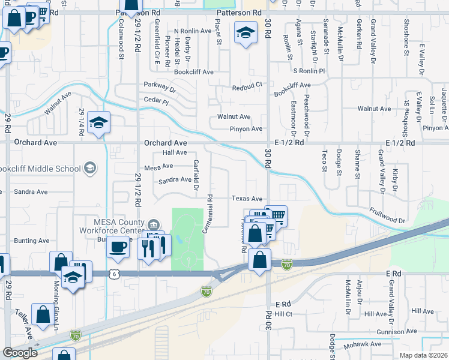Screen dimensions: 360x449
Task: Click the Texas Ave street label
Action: (247, 199)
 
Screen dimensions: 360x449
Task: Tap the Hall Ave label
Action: (175, 153)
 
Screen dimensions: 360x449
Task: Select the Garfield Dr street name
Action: (195, 175)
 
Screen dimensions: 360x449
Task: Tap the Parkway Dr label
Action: (160, 87)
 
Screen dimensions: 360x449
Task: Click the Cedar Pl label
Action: (156, 101)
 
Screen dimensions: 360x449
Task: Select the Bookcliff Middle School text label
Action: (40, 169)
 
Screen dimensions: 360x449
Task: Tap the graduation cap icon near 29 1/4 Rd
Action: (98, 123)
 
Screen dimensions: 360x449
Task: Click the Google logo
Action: (20, 352)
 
